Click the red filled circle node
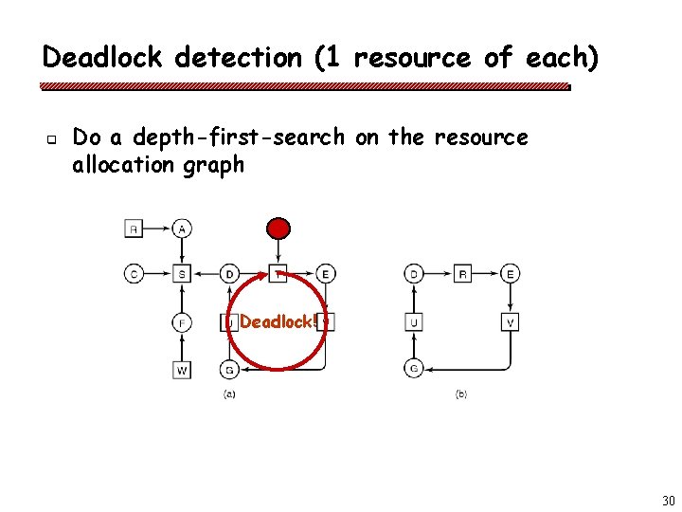click(x=278, y=228)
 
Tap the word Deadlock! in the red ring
click(x=278, y=321)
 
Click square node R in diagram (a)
click(x=134, y=228)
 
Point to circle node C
click(x=134, y=274)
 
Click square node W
click(x=181, y=370)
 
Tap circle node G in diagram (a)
click(x=229, y=369)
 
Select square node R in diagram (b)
click(x=462, y=274)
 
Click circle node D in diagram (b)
click(x=414, y=274)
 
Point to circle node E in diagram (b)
click(x=511, y=274)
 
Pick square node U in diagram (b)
click(x=414, y=322)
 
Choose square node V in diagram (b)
click(x=511, y=322)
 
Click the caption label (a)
click(x=229, y=393)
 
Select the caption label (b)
click(x=461, y=393)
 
